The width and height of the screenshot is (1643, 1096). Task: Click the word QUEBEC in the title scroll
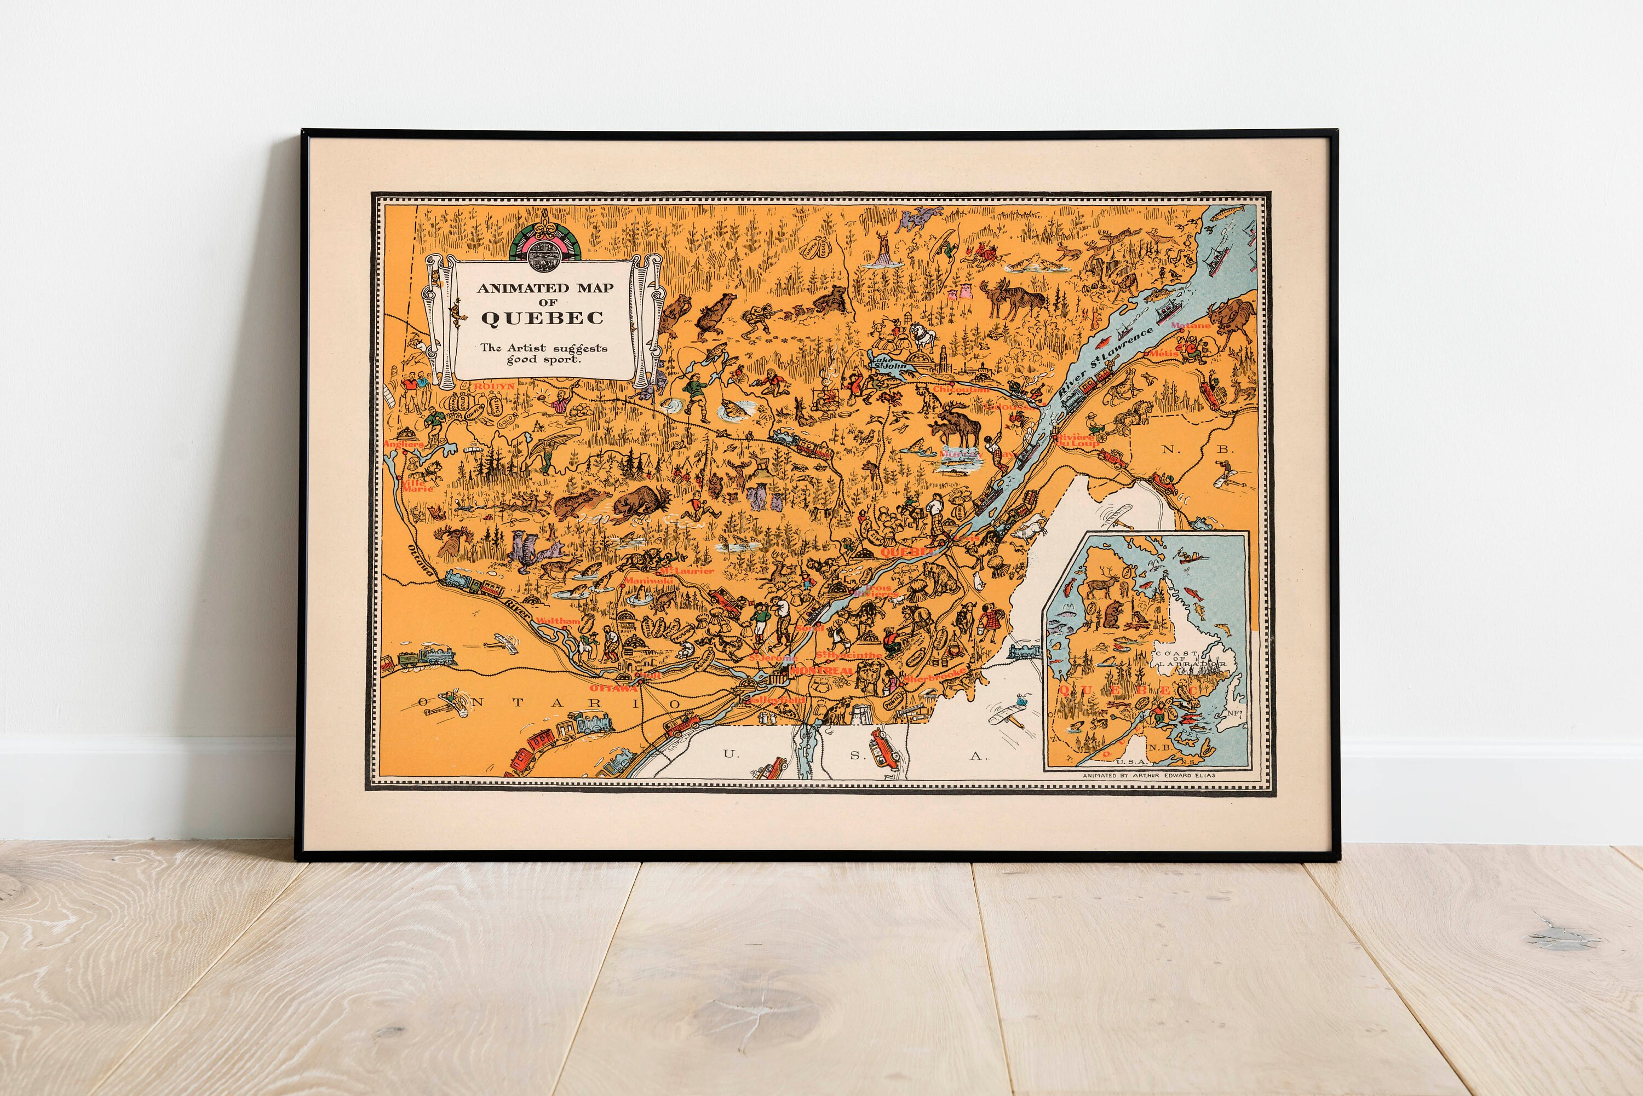tap(542, 318)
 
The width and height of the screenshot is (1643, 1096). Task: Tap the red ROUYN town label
tap(493, 386)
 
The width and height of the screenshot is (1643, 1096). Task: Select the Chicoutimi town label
tap(961, 390)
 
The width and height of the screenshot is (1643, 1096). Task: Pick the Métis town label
tap(1163, 354)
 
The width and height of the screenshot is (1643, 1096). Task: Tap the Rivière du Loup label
tap(1075, 440)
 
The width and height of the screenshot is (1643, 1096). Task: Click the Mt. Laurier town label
tap(688, 571)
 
